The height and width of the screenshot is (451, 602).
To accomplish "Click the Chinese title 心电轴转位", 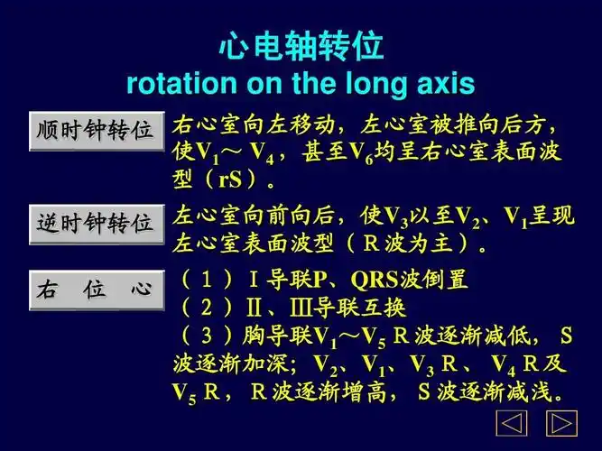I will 301,48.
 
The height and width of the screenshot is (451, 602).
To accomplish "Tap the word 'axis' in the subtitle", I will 444,84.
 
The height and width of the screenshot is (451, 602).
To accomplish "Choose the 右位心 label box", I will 96,288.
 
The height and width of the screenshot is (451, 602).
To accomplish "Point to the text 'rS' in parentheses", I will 231,179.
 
